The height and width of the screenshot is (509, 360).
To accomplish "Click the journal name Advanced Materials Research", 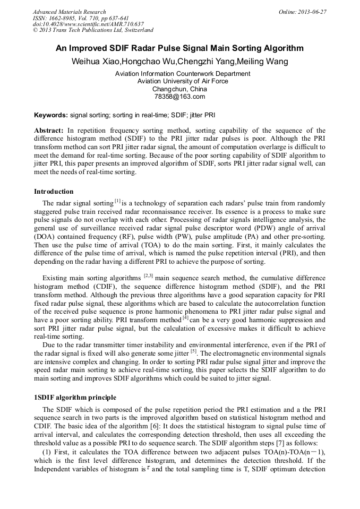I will (x=69, y=12).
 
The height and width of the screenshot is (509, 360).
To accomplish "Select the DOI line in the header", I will (x=88, y=24).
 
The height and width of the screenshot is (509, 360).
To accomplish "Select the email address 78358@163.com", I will (x=179, y=97).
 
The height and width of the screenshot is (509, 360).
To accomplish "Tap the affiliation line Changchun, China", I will (x=179, y=89).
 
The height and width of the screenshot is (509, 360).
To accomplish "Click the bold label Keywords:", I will (x=51, y=115).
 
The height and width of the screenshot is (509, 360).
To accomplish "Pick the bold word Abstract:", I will (x=49, y=131).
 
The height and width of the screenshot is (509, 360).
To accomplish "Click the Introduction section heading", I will (x=54, y=192).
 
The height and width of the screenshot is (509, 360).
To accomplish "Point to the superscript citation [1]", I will (x=117, y=201).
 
